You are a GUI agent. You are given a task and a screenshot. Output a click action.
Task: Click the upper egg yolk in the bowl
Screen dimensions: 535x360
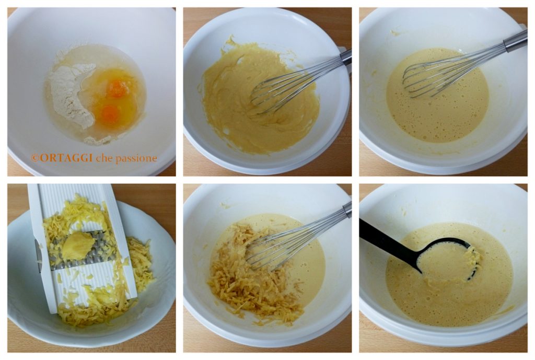tap(118, 88)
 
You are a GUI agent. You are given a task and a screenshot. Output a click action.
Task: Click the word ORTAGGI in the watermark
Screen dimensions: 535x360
tap(65, 158)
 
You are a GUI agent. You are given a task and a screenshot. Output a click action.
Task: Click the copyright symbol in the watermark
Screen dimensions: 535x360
tap(34, 158)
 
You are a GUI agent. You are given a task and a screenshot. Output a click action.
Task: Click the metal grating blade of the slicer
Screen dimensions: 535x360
tap(82, 249)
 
